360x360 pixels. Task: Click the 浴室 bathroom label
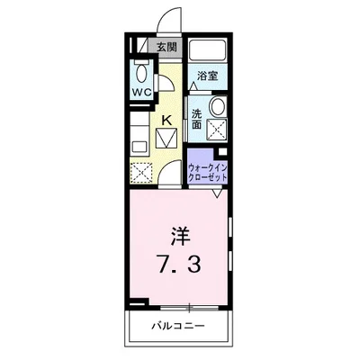(208, 76)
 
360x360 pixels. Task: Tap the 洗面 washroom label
(195, 119)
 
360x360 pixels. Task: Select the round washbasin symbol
(216, 108)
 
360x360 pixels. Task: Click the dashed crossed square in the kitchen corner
(142, 170)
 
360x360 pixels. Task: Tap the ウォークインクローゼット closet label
(207, 167)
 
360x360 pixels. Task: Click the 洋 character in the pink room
(180, 237)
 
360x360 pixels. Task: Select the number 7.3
(180, 265)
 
